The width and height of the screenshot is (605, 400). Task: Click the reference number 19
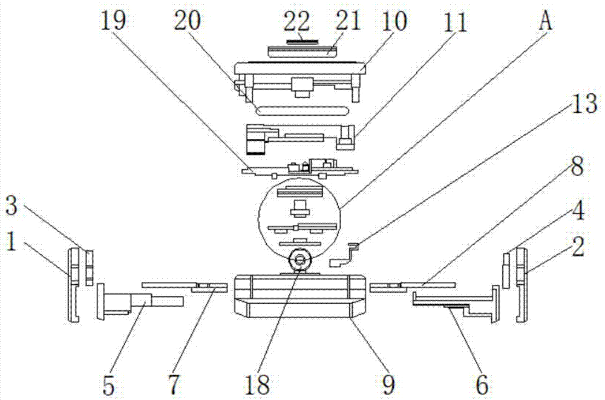[115, 23]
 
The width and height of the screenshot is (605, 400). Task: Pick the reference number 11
[454, 23]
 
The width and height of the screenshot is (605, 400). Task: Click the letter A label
[546, 22]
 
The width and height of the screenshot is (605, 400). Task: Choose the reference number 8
[577, 166]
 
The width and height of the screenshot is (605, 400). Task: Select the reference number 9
[387, 382]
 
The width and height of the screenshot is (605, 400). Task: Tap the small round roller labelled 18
[299, 260]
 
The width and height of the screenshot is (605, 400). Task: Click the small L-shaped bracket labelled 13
[345, 254]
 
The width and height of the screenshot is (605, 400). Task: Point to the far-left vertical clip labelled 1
[73, 285]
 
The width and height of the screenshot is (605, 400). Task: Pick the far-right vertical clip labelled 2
[522, 285]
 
